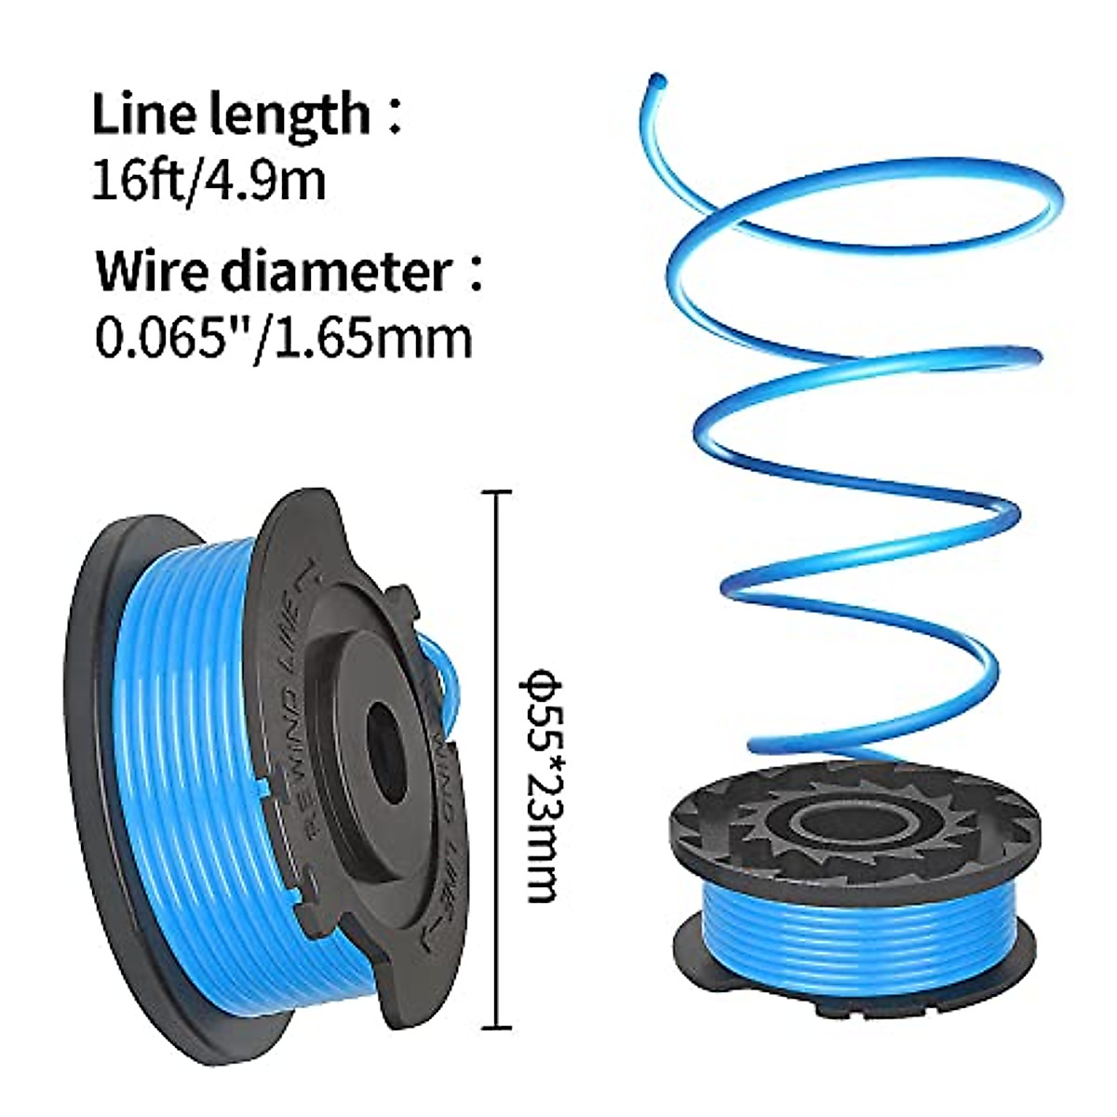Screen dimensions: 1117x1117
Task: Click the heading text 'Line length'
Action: click(x=231, y=115)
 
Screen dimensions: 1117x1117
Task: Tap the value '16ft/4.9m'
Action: click(x=209, y=180)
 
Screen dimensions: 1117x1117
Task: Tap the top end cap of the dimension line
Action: click(x=499, y=493)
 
